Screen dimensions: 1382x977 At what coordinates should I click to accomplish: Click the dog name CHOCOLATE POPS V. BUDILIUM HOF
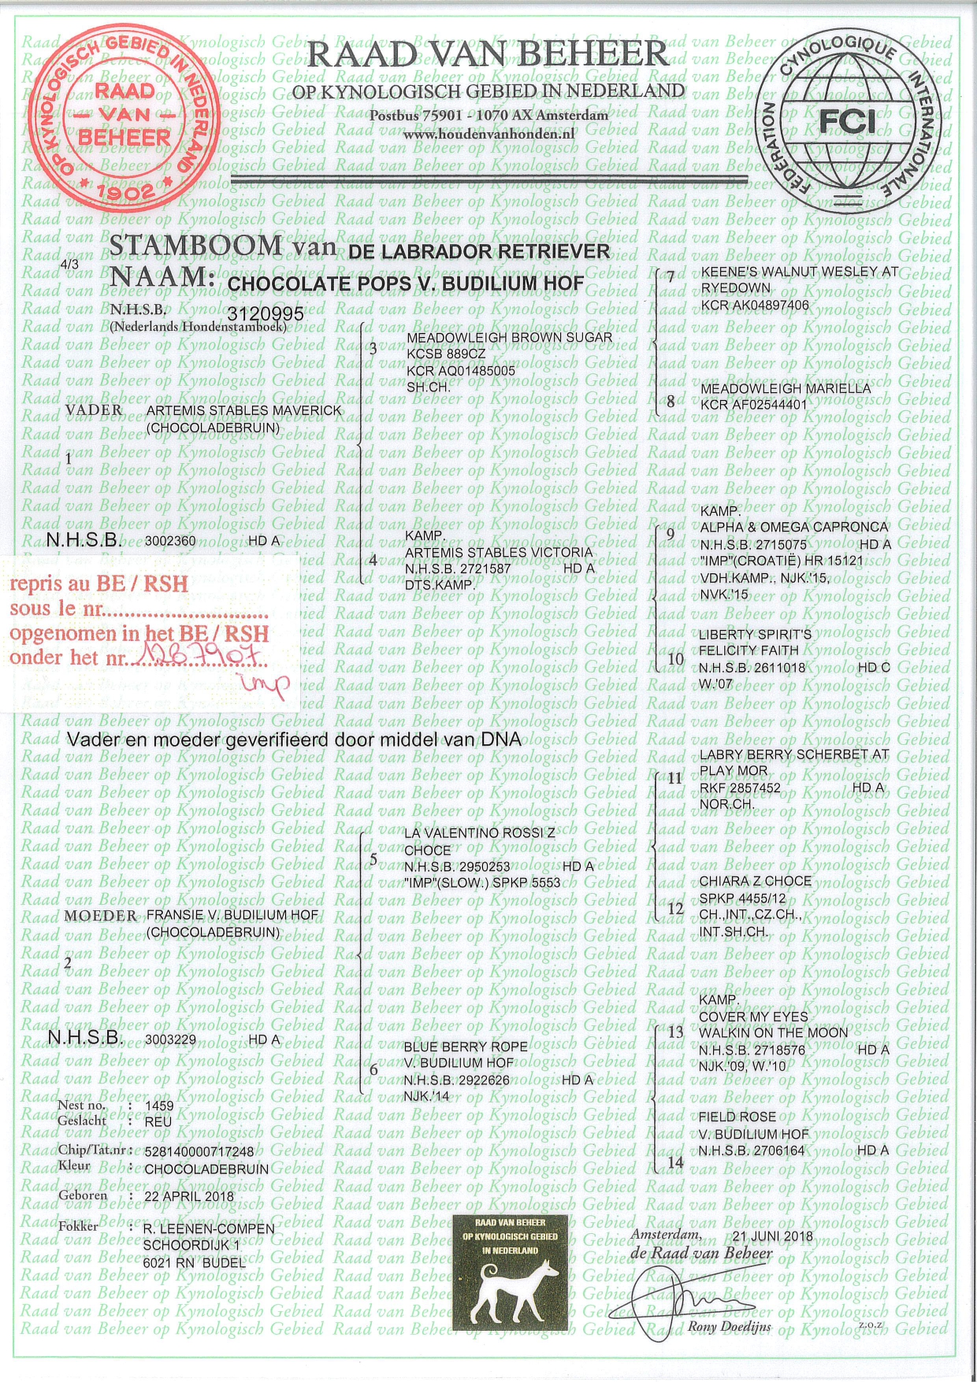405,283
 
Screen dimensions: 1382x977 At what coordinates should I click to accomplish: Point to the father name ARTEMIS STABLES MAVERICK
245,410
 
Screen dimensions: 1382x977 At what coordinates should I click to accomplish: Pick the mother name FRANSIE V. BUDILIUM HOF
233,916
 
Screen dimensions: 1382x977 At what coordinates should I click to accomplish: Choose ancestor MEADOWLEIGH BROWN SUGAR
508,338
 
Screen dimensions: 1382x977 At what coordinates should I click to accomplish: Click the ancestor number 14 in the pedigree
674,1162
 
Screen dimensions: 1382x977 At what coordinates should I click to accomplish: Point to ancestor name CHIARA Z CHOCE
755,881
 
